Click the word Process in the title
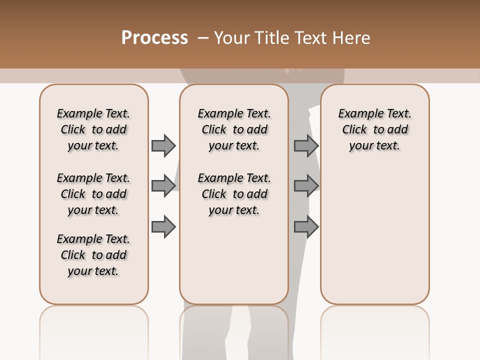pos(154,37)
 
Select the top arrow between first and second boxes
pos(163,146)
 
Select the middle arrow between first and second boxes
pos(163,186)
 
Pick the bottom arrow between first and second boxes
pos(163,227)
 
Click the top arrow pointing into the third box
pos(306,146)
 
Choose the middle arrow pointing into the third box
pos(306,186)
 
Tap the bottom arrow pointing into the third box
pos(306,227)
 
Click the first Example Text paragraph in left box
pos(93,129)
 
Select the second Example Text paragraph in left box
pos(93,194)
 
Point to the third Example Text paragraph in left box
pos(93,255)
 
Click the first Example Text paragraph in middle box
pos(234,129)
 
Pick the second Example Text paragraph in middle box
pos(234,194)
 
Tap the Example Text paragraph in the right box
pos(374,129)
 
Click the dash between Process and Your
pos(202,38)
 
